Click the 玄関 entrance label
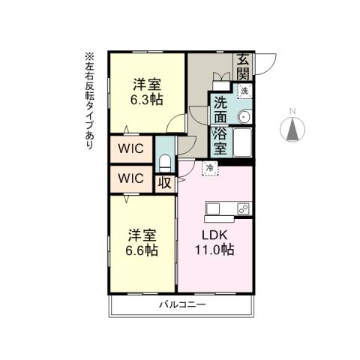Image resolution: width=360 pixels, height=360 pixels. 244,66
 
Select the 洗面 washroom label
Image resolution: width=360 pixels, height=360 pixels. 221,110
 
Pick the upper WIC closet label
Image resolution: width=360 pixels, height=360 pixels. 131,147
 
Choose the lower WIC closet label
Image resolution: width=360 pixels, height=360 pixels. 131,178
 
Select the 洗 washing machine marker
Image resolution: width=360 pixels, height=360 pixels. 244,91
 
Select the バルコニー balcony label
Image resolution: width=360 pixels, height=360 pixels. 182,304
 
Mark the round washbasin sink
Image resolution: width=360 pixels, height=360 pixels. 244,115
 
